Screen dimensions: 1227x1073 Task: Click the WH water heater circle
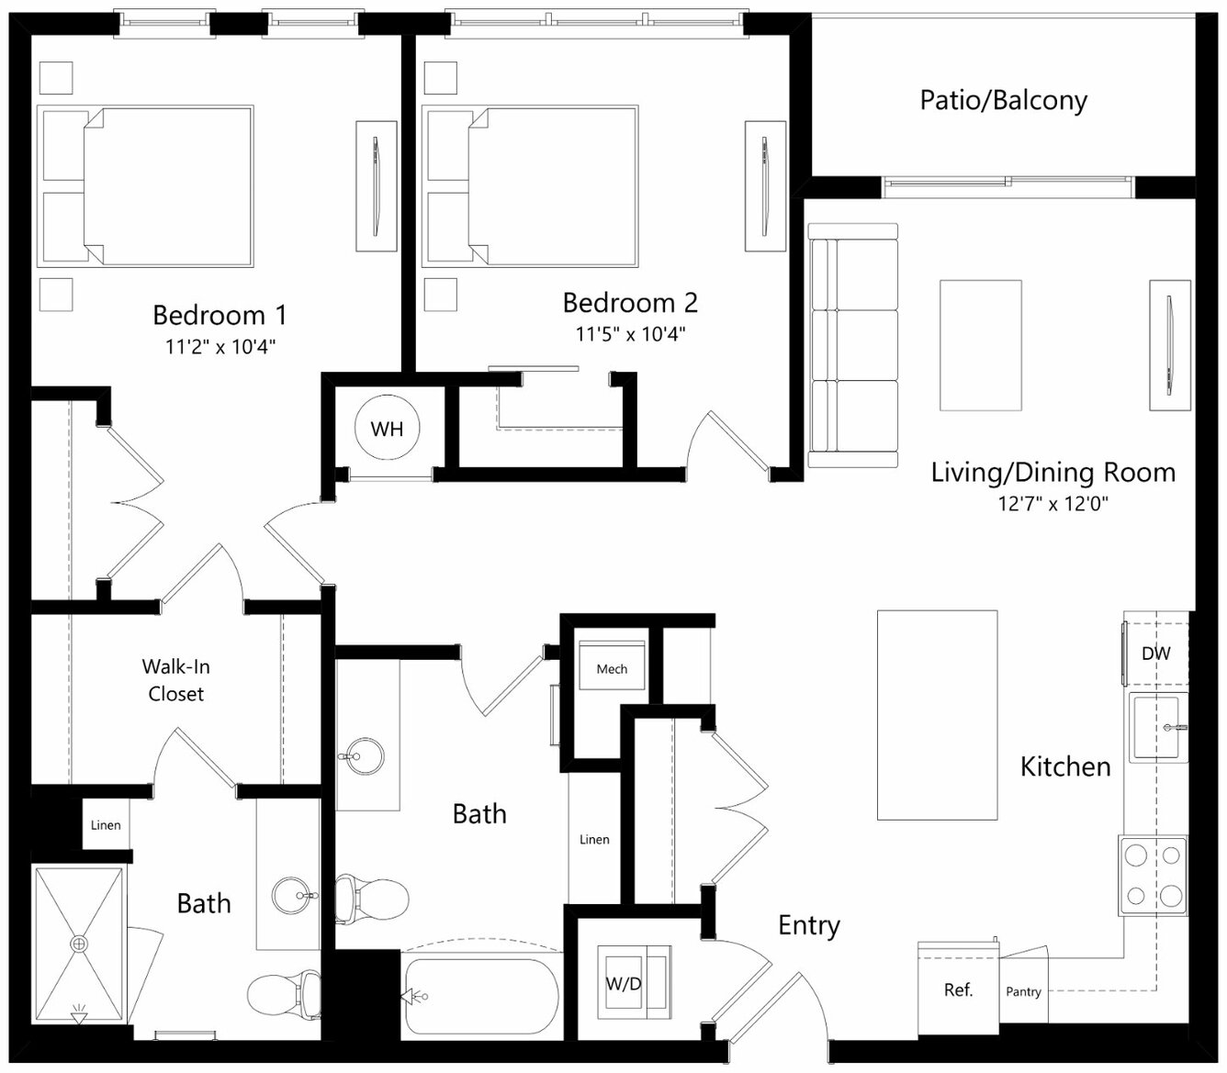point(387,428)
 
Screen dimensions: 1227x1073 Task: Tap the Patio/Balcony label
point(1003,100)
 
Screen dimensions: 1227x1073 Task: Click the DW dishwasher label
point(1155,654)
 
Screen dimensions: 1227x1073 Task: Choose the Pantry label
point(1023,992)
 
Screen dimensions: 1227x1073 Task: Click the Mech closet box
point(612,665)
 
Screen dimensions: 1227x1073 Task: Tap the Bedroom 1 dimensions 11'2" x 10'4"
point(220,346)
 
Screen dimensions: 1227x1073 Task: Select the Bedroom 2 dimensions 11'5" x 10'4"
point(630,334)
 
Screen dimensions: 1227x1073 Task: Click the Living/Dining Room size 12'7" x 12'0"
point(1053,504)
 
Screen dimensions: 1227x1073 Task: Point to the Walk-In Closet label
point(175,680)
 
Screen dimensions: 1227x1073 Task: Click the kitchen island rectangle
point(938,715)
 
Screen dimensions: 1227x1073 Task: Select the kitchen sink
point(1158,728)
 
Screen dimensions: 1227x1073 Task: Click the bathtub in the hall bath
point(482,996)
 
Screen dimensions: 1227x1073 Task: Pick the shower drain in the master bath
point(79,944)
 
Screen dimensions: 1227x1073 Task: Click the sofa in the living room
point(853,345)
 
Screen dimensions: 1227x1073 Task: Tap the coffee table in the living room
point(981,345)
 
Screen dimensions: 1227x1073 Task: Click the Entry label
point(809,925)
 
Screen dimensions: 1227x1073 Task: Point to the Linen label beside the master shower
point(106,825)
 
